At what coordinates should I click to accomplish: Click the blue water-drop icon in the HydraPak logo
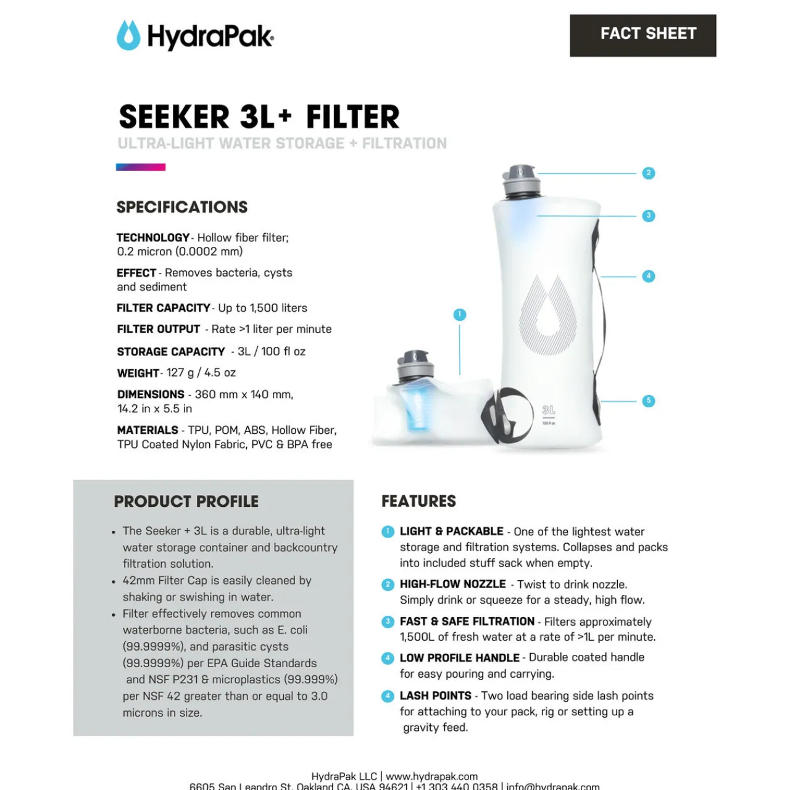coord(128,36)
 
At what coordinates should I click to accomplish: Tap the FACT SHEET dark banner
coord(642,35)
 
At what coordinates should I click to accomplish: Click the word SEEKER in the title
coord(175,117)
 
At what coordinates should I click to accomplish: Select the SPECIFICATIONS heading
coord(182,207)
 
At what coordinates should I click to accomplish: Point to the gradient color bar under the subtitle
coord(141,167)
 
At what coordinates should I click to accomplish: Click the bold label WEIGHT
coord(138,373)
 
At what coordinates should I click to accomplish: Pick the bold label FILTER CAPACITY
coord(164,308)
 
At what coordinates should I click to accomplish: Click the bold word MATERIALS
coord(148,430)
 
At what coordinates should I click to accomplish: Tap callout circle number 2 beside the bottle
coord(648,173)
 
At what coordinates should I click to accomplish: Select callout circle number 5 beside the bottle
coord(648,401)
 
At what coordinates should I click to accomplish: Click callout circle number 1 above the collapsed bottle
coord(460,315)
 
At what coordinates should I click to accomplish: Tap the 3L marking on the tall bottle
coord(549,410)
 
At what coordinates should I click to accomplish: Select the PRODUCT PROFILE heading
coord(186,502)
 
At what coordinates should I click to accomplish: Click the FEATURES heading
coord(418,501)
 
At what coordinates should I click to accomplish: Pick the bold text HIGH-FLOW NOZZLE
coord(452,584)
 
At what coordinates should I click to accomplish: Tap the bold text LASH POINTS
coord(435,696)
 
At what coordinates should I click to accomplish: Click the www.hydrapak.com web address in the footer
coord(431,776)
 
